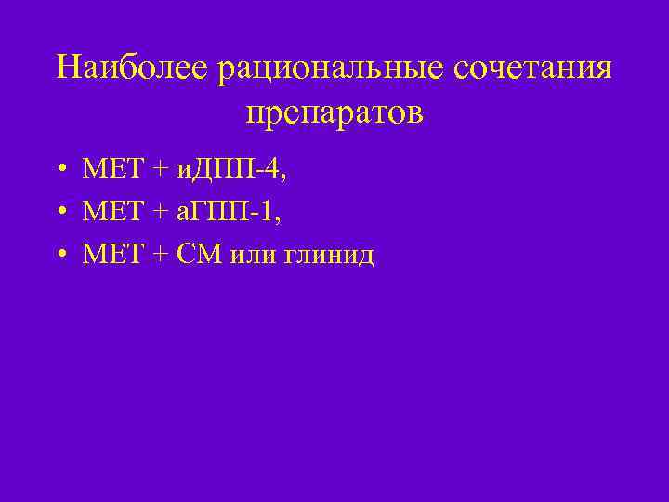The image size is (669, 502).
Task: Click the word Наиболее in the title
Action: tap(133, 69)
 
